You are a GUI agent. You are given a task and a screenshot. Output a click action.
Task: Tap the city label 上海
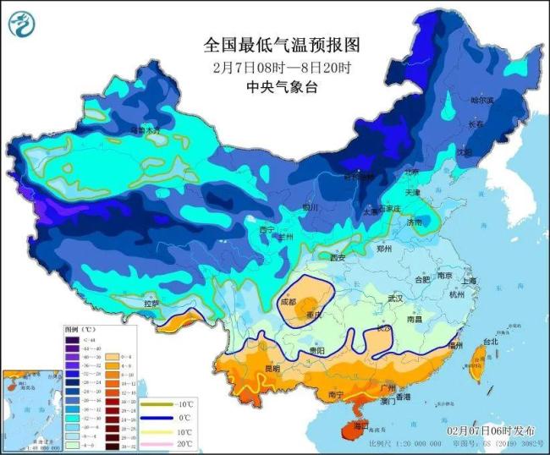point(470,281)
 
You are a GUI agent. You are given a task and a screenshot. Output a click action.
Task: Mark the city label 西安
point(338,257)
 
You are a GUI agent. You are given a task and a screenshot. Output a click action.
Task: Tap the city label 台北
point(490,343)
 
